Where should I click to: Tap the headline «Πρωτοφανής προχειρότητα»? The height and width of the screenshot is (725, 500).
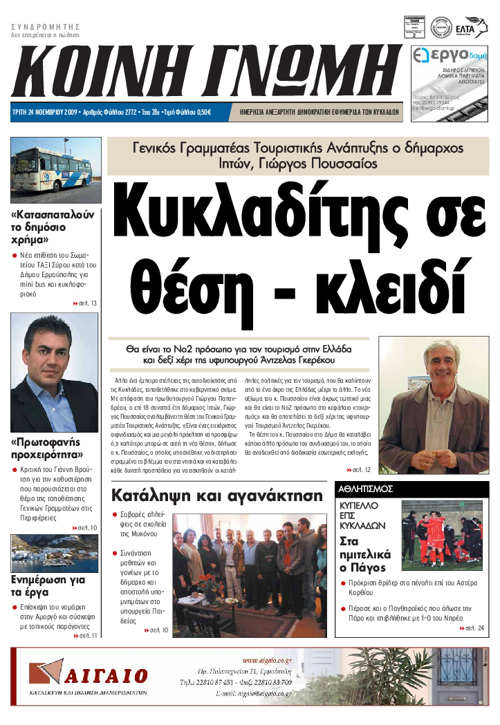(46, 449)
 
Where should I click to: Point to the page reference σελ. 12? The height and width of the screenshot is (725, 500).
(361, 470)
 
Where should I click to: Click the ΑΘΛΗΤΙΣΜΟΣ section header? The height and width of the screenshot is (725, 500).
(366, 489)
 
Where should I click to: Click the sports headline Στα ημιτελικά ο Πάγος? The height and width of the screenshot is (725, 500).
(365, 554)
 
